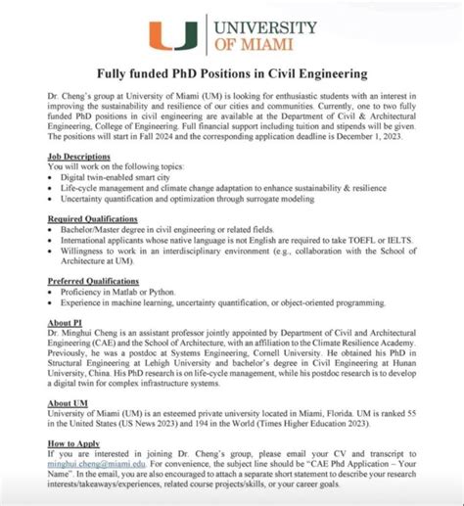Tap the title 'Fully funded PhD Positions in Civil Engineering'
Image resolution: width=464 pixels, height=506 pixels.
coord(231,73)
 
